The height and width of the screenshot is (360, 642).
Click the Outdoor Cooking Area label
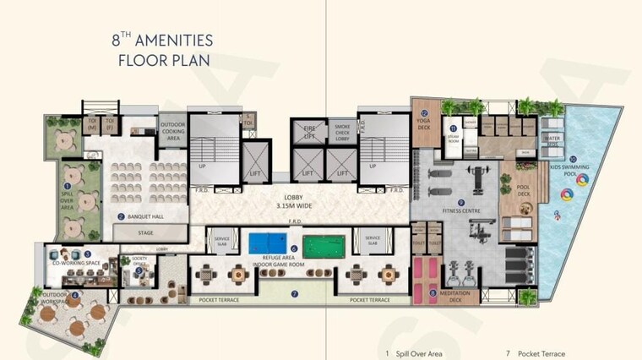point(173,131)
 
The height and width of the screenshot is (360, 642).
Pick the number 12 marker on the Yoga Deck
point(425,112)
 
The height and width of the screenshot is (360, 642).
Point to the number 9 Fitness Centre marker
point(461,202)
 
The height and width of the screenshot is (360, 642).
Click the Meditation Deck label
point(443,299)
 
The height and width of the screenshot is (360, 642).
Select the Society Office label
point(139,260)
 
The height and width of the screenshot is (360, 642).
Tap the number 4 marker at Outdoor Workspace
point(75,295)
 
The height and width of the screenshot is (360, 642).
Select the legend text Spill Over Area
point(418,353)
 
